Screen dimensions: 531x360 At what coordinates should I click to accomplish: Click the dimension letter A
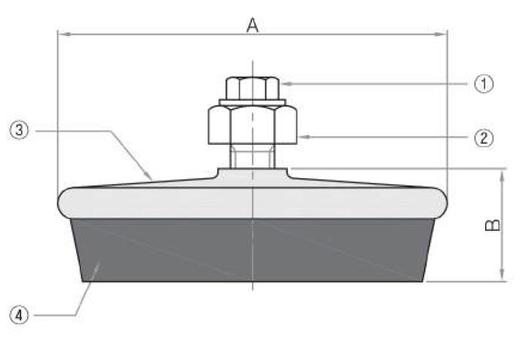point(252,25)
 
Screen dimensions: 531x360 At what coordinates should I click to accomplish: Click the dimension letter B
point(493,226)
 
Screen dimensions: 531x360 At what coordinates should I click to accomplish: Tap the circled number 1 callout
point(484,84)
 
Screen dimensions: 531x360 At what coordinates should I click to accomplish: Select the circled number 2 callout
point(484,138)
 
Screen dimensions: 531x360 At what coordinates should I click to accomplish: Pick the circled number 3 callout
point(19,130)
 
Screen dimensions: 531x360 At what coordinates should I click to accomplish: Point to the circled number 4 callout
point(19,315)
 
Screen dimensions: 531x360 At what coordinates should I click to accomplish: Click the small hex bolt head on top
point(252,88)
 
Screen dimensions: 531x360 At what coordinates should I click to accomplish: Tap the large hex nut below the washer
point(253,124)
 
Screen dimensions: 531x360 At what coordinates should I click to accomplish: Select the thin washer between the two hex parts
point(252,102)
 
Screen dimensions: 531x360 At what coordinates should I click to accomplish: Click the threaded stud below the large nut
point(252,157)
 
